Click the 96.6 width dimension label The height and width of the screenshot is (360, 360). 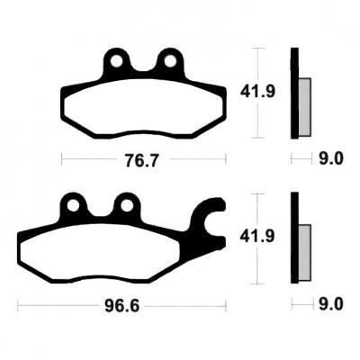(122, 306)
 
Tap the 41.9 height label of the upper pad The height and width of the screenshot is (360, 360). (257, 91)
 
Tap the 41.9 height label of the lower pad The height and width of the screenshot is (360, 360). (257, 236)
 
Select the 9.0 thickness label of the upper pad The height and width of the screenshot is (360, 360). (330, 158)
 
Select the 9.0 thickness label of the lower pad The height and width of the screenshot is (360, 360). (330, 304)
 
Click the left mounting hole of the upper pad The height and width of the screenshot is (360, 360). (116, 61)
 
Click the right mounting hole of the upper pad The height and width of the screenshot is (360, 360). (170, 61)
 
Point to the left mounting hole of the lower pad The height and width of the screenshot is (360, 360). (73, 205)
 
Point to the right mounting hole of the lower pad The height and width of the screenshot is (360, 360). (127, 205)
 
